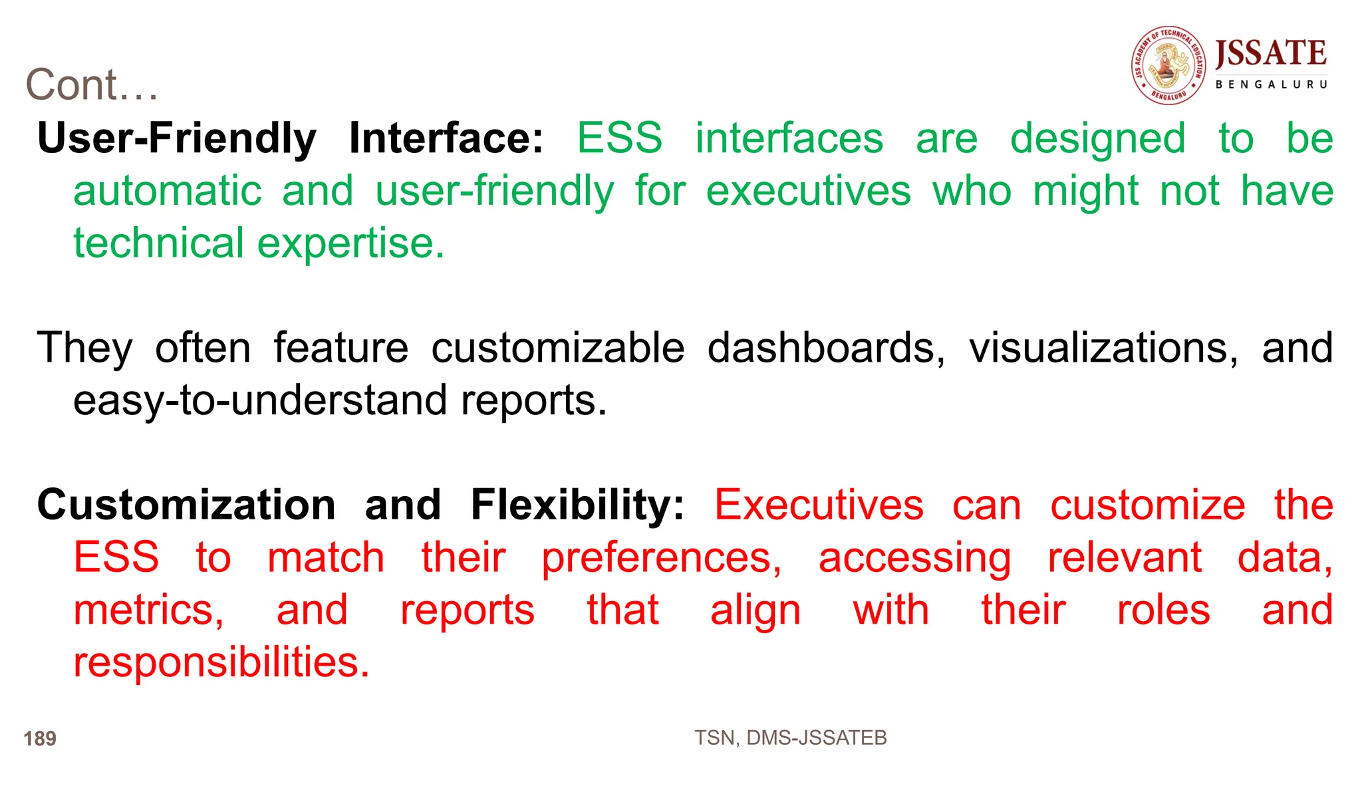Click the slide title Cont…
click(92, 85)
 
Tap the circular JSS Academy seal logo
click(1168, 65)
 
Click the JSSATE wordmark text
click(1270, 53)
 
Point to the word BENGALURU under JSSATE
click(1271, 84)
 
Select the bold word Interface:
click(446, 138)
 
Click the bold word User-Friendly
click(177, 138)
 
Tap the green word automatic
click(167, 191)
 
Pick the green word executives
click(808, 191)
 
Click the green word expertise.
click(350, 243)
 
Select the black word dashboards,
click(825, 348)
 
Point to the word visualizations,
click(1103, 348)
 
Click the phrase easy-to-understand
click(260, 400)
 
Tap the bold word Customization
click(186, 505)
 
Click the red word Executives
click(819, 505)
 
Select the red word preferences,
click(661, 557)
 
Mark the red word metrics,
click(148, 610)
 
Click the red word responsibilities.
click(221, 662)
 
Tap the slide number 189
click(40, 738)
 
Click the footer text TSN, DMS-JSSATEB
click(790, 737)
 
